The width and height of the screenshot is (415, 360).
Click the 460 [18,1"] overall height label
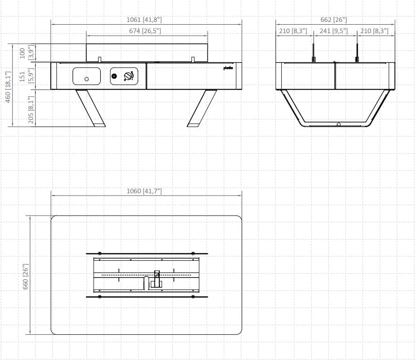point(8,88)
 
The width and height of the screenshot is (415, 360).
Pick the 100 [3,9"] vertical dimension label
point(27,53)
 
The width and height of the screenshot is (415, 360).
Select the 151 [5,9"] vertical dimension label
point(27,76)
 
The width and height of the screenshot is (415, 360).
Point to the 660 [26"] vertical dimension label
point(26,275)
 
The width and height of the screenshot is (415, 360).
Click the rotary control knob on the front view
point(128,76)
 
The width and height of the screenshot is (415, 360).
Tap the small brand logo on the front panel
point(228,68)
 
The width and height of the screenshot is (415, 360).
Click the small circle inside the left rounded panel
point(87,79)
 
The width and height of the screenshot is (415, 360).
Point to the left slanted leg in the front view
point(91,108)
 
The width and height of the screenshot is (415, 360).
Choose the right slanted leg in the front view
point(202,108)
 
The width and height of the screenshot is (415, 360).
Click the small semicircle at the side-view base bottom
point(339,124)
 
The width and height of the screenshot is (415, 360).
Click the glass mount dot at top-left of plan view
point(100,253)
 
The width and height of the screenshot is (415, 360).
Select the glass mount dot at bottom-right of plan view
point(193,297)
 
